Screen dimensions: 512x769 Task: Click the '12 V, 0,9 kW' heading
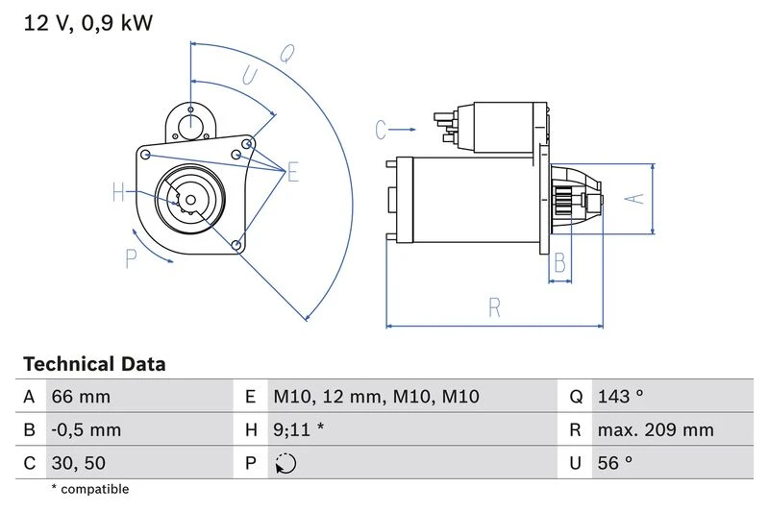[87, 22]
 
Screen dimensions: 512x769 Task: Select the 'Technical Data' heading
[94, 364]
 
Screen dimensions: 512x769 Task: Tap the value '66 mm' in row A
[81, 397]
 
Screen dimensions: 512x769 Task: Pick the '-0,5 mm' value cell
[87, 429]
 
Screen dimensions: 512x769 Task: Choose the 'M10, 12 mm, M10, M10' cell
[376, 397]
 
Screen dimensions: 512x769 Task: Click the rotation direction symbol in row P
[285, 464]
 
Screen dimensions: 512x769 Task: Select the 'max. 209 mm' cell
[655, 429]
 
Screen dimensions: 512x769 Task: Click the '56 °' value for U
[615, 463]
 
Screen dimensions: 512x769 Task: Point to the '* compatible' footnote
[89, 489]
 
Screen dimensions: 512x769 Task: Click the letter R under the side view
[494, 307]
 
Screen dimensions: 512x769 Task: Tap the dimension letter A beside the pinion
[633, 198]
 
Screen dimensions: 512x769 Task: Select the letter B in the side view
[560, 263]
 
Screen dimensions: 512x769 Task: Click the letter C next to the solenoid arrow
[381, 128]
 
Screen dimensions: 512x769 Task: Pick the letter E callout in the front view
[292, 172]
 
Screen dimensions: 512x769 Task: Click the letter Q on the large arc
[285, 54]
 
